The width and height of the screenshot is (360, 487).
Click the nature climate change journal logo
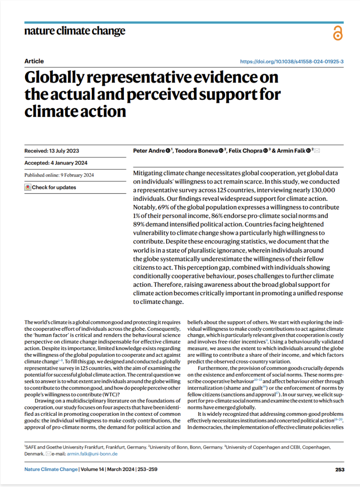pyautogui.click(x=75, y=31)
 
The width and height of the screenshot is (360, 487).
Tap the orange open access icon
pyautogui.click(x=338, y=33)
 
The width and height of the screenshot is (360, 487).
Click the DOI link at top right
pyautogui.click(x=292, y=62)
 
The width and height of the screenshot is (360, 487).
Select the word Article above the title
pyautogui.click(x=34, y=61)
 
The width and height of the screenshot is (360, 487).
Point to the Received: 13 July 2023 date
pyautogui.click(x=52, y=151)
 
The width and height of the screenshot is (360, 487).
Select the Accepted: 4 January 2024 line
pyautogui.click(x=56, y=163)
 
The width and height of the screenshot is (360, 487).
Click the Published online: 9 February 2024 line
pyautogui.click(x=59, y=175)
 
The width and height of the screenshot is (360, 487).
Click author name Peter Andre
pyautogui.click(x=149, y=151)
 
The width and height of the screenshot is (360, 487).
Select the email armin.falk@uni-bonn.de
pyautogui.click(x=93, y=454)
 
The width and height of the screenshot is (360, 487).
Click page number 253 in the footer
pyautogui.click(x=339, y=469)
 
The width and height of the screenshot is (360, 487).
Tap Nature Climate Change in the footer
pyautogui.click(x=51, y=469)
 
